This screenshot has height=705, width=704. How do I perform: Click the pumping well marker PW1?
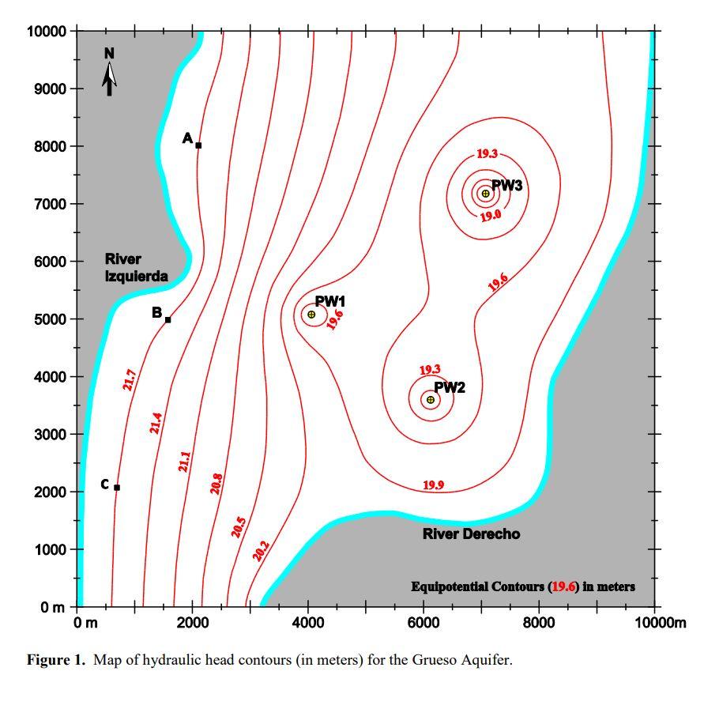tap(311, 315)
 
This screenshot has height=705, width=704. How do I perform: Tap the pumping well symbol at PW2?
tap(431, 400)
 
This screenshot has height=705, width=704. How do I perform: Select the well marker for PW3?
tap(485, 194)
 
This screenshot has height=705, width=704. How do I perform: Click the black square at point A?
tap(198, 145)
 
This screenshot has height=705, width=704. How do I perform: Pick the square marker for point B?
tap(168, 320)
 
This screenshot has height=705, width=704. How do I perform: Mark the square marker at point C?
tap(117, 488)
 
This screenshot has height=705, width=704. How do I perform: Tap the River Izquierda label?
tap(136, 268)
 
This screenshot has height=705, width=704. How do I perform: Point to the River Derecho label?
tap(471, 534)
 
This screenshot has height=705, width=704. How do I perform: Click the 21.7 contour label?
tap(130, 379)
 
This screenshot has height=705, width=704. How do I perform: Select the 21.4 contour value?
tap(156, 423)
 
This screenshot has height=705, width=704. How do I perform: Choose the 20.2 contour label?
tap(261, 551)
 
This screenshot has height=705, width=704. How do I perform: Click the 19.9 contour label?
tap(433, 485)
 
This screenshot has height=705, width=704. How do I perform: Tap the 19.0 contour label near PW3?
tap(491, 215)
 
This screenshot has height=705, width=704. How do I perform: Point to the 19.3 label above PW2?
tap(430, 370)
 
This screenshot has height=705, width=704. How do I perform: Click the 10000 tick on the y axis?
tap(47, 32)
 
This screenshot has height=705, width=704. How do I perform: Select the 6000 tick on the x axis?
tap(424, 623)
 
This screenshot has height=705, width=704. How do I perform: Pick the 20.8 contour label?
tap(216, 483)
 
